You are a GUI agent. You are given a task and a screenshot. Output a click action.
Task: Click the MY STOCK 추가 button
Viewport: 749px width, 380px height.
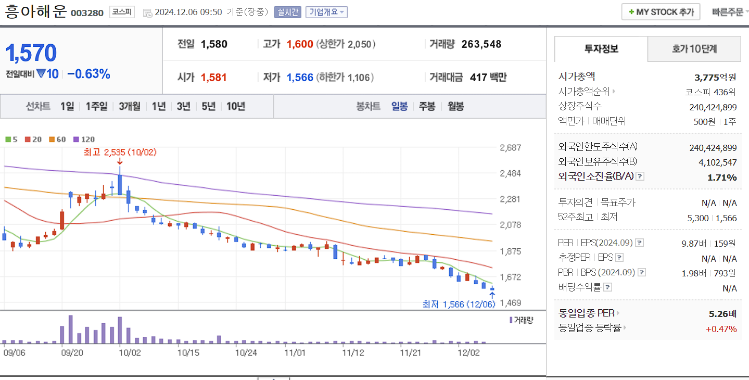pos(661,12)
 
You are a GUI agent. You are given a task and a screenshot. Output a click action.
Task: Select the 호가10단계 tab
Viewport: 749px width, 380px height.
pos(694,49)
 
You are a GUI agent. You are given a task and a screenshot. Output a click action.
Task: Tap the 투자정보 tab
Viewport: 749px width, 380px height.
pos(601,49)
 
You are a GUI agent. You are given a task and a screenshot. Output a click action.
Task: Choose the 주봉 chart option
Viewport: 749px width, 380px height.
pos(427,106)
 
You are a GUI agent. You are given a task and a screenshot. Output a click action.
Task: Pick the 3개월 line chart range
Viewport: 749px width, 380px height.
pos(130,106)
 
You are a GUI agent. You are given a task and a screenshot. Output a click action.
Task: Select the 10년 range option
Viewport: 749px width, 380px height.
pos(236,106)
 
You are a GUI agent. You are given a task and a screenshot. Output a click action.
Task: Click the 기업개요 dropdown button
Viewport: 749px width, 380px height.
pos(326,12)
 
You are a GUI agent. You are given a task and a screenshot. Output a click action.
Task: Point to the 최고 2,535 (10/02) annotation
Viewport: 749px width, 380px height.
pos(120,152)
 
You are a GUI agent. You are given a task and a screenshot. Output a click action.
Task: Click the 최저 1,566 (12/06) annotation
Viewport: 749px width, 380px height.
pos(458,304)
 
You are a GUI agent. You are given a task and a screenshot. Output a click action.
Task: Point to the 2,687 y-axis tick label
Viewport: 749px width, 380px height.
pos(510,148)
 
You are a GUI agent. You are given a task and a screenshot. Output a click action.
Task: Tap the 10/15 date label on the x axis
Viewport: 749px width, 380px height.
pos(188,352)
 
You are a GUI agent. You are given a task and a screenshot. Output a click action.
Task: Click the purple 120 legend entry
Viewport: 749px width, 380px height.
pos(84,140)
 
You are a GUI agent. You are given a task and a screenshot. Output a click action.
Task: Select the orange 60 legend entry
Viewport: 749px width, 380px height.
pos(58,140)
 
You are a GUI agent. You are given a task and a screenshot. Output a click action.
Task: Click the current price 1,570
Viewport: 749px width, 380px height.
pos(31,53)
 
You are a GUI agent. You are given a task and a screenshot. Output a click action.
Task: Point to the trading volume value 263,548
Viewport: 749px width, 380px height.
pos(481,44)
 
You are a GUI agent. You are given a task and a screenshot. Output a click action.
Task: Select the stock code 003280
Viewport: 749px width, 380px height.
pos(87,12)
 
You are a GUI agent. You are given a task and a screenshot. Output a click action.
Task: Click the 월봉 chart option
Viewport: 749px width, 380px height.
pos(455,106)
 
